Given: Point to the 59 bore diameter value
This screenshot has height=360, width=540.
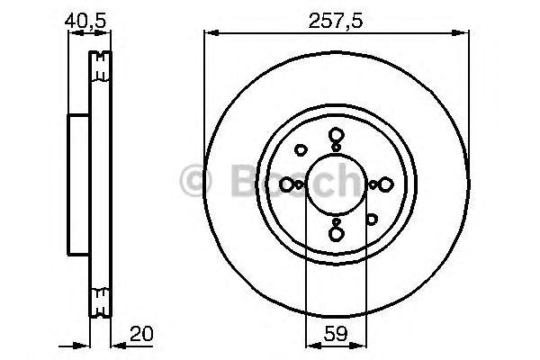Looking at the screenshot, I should point(335,333).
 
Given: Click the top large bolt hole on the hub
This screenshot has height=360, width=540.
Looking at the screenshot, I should point(336,136).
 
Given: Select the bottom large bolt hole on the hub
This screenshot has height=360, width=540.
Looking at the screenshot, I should point(336,234).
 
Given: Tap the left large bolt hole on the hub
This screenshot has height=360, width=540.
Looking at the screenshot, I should point(287,184).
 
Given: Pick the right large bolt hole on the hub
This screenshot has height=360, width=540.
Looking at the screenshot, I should point(384,184).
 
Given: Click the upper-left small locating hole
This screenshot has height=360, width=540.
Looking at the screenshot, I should point(301,150).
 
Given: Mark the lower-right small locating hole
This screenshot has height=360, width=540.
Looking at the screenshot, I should point(371,218).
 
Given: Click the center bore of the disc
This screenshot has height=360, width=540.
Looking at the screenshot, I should point(336,184).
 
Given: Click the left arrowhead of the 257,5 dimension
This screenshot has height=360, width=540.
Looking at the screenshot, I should point(210,34).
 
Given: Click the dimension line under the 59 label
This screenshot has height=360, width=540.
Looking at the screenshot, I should point(335,344).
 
